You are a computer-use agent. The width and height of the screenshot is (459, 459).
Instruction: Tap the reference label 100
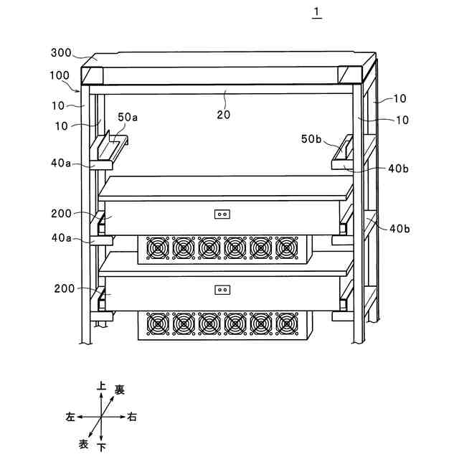point(60,75)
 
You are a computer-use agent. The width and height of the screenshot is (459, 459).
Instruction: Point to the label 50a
point(128,116)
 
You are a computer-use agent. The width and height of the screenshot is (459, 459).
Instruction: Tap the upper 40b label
point(399,169)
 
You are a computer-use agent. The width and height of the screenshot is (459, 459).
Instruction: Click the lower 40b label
point(399,229)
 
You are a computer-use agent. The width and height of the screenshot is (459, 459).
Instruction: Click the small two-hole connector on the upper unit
point(222,213)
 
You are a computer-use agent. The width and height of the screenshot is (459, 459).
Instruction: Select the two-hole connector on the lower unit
point(222,290)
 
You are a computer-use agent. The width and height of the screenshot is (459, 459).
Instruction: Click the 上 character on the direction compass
point(102,387)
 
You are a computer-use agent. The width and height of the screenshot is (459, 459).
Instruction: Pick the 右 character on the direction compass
point(132,417)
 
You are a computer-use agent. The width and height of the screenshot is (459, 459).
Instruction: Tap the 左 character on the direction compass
point(70,417)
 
